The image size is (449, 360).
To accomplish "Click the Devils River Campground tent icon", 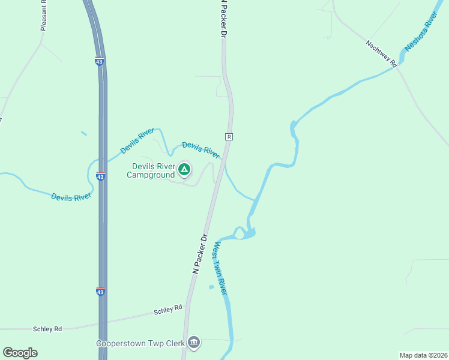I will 184,170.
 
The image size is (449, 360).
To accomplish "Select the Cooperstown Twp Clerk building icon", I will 194,343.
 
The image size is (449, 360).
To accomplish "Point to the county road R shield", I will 229,137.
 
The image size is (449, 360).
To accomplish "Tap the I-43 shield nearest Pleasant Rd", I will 100,61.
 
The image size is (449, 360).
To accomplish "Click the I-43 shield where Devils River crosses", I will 100,176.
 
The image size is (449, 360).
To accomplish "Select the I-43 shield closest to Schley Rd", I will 101,291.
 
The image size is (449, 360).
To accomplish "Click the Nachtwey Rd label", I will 382,53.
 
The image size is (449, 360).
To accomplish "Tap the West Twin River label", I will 220,268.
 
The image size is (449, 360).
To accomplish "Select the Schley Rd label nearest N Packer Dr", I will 167,309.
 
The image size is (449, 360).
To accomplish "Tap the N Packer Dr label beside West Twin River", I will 200,254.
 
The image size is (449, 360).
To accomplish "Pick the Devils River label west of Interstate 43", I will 71,196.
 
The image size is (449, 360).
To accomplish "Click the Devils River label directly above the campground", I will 200,148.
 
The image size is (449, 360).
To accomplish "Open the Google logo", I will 20,353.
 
